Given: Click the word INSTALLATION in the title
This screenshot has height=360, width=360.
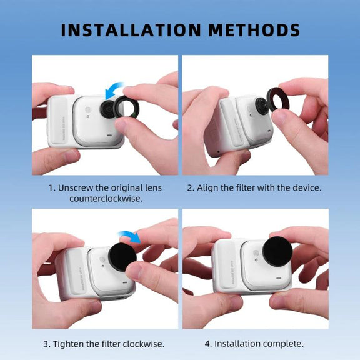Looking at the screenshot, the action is [131, 30].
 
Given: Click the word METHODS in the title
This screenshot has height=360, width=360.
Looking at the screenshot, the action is [254, 30].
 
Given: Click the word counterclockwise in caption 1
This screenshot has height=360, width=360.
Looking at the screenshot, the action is [106, 199].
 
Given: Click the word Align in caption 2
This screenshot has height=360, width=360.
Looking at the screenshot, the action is [207, 188].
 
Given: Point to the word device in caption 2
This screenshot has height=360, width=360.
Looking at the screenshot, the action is [307, 188].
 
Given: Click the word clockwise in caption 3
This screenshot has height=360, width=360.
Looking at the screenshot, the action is [143, 344].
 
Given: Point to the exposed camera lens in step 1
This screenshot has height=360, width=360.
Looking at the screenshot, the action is [108, 109].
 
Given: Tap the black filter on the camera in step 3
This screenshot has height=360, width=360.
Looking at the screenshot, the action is [122, 257].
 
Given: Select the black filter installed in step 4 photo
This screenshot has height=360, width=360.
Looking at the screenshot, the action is [277, 251].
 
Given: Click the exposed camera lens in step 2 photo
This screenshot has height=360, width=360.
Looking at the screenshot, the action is [262, 106].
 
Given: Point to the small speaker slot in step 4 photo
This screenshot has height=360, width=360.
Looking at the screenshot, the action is [279, 278].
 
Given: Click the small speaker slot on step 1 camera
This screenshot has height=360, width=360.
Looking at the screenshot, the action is [110, 135].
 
